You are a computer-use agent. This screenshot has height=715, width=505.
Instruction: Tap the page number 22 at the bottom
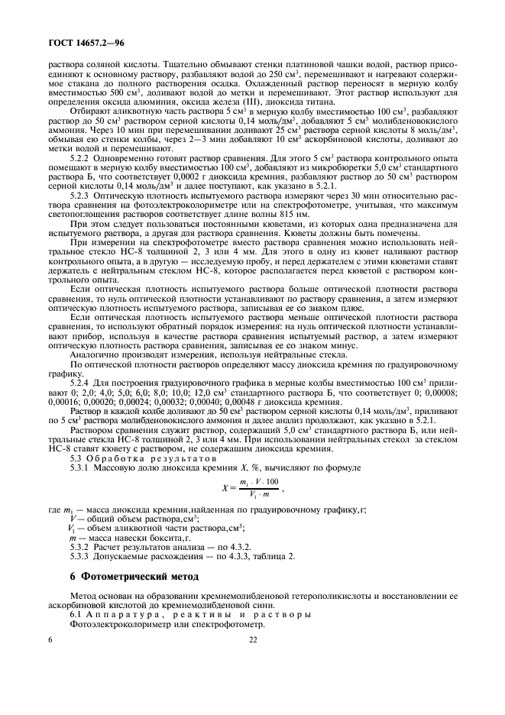point(253,641)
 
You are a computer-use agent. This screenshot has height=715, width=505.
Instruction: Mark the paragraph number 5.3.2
point(79,545)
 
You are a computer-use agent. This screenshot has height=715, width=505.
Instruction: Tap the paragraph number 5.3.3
point(79,555)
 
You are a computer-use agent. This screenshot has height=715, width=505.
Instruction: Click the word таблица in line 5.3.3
point(255,555)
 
